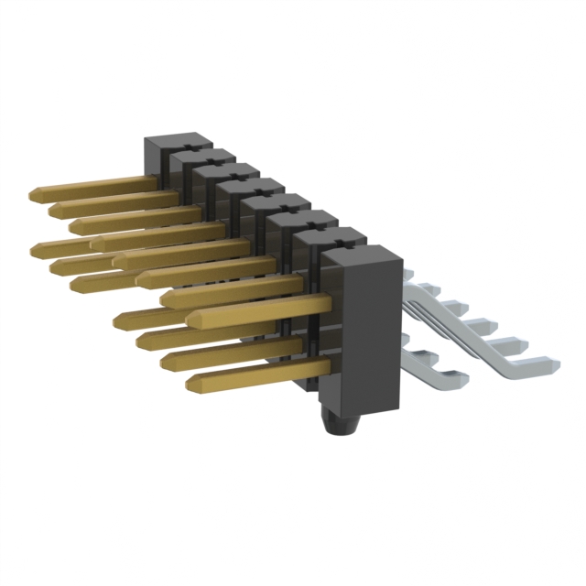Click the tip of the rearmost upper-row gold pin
tap(34, 194)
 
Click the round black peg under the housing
tap(341, 427)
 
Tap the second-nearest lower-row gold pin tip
tap(166, 361)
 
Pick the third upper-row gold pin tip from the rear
tap(73, 225)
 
